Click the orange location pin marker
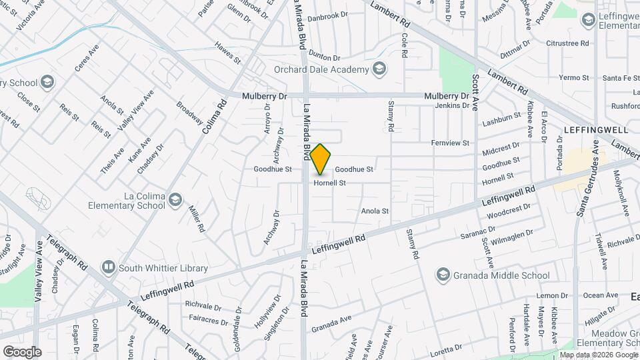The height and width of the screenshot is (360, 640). (x=321, y=159)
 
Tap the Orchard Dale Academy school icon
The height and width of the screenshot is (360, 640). (x=379, y=69)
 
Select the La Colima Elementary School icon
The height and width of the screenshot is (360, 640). (x=175, y=199)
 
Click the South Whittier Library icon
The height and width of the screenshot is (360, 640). (x=107, y=268)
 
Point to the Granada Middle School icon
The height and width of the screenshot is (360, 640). (x=443, y=275)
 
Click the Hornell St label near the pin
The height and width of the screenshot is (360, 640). (x=330, y=183)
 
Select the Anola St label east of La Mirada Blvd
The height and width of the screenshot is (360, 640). (x=375, y=211)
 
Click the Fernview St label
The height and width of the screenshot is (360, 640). (x=451, y=143)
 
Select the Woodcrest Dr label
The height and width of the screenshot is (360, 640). (x=508, y=211)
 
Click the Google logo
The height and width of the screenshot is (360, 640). (x=22, y=351)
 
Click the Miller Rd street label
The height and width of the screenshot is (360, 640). (x=196, y=218)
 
